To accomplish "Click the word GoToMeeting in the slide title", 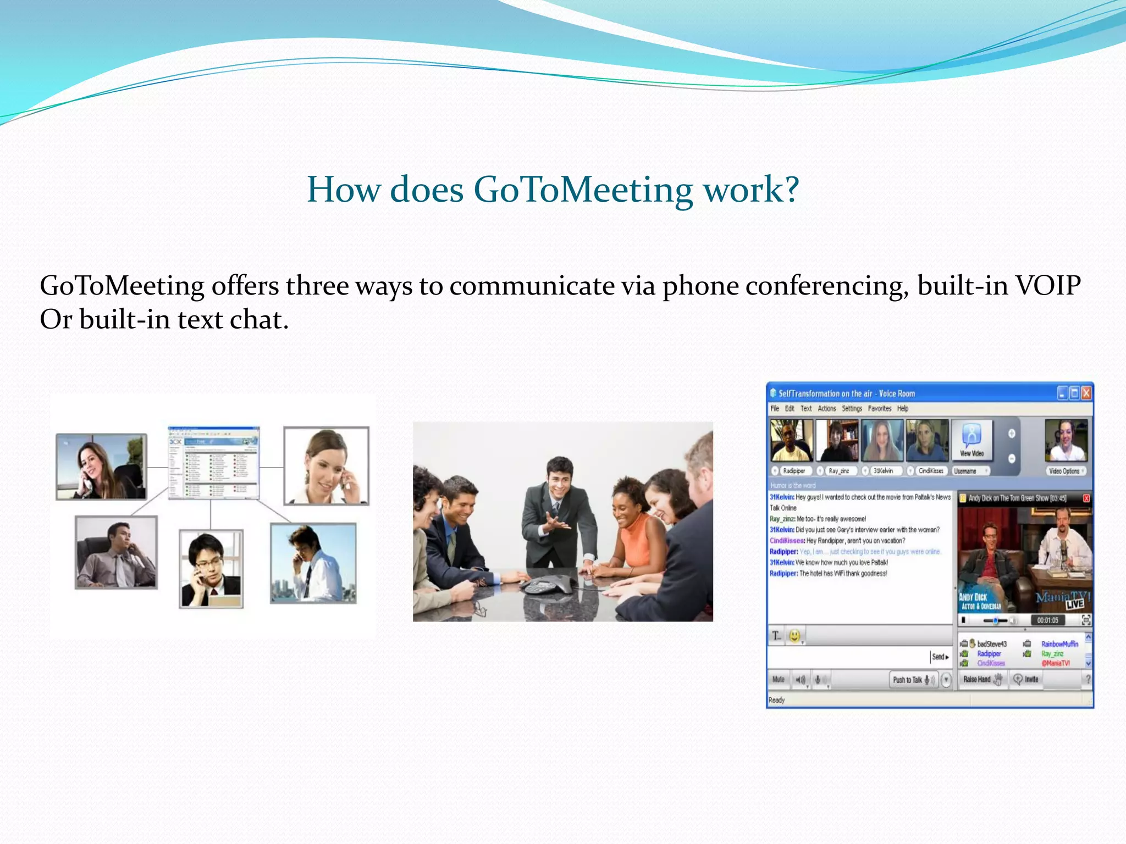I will [583, 190].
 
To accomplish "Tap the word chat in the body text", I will [258, 320].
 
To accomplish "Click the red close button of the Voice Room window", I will [1086, 393].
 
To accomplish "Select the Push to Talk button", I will [913, 680].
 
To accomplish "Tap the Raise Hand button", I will [982, 680].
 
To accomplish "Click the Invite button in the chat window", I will [1026, 680].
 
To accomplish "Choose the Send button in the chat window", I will [940, 657].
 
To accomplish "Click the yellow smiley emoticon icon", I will [794, 636].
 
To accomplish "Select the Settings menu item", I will [852, 408].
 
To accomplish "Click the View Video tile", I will [972, 440].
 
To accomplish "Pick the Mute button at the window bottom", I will [778, 680].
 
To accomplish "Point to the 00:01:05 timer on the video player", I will [1047, 620].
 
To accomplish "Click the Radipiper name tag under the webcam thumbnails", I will [793, 471].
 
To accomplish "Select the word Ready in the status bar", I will [776, 700].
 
